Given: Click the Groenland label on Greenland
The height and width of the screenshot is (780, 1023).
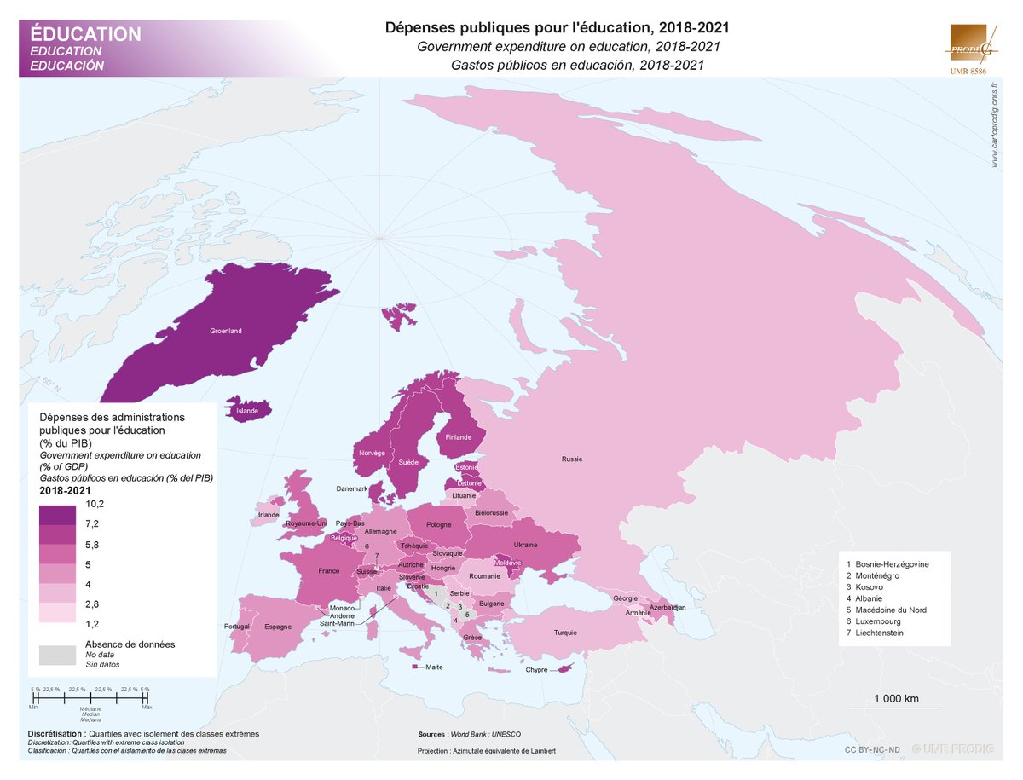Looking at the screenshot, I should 227,331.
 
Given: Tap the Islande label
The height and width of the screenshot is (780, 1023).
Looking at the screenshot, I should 247,411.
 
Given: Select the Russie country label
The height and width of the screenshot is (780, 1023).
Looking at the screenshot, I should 571,459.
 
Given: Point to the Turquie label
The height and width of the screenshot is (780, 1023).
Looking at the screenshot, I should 565,633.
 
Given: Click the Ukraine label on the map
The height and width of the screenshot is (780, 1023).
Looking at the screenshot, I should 524,545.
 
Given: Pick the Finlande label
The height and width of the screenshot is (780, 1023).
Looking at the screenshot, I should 458,437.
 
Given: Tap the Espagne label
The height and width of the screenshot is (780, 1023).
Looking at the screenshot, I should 278,627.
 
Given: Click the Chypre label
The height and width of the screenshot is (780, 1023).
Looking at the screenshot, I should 536,670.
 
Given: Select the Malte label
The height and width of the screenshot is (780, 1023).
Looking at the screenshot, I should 434,667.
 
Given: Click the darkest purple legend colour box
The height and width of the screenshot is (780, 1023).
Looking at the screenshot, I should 56,515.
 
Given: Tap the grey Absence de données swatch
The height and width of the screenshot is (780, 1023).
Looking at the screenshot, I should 56,654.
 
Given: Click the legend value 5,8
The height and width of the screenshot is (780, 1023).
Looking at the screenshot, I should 92,544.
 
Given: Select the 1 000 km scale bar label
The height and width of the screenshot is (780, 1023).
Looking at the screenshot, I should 896,699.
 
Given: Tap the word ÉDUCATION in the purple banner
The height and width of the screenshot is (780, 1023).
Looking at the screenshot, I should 85,34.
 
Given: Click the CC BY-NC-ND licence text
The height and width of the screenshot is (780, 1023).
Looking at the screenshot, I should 872,749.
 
